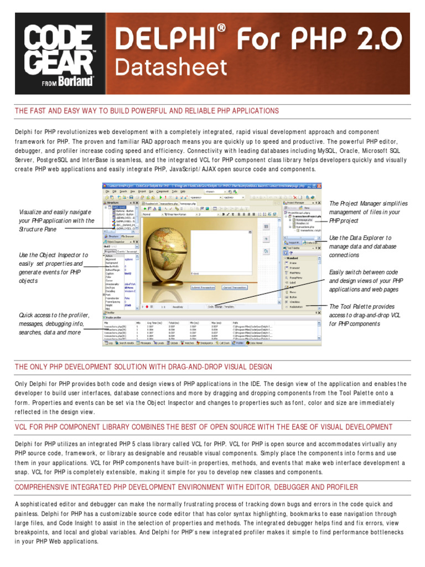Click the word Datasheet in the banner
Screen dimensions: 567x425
[166, 68]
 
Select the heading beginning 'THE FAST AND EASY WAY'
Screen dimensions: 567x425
[147, 111]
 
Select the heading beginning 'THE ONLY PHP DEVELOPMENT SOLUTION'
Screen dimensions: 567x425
[143, 367]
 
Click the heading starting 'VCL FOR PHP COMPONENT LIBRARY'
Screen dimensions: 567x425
[204, 427]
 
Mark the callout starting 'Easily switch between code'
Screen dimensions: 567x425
[366, 281]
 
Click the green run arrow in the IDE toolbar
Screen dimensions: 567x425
[160, 196]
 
